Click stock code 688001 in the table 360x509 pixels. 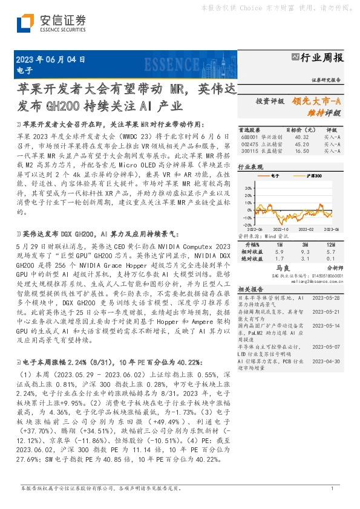[x=247, y=137]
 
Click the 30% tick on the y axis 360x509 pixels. [x=246, y=187]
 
